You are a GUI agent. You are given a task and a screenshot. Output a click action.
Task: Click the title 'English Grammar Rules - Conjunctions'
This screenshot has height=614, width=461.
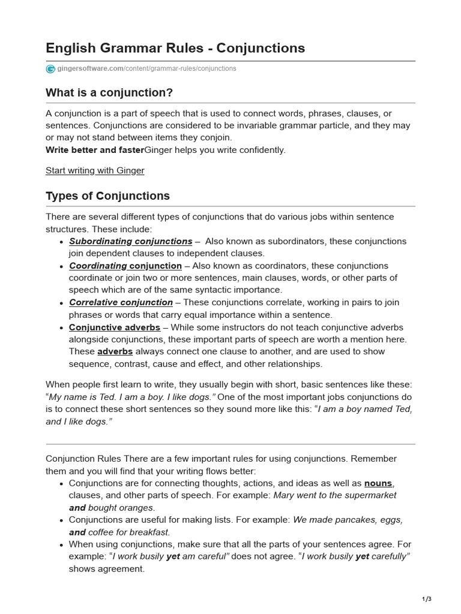click(x=175, y=48)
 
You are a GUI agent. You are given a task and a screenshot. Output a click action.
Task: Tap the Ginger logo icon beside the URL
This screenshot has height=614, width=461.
click(x=50, y=69)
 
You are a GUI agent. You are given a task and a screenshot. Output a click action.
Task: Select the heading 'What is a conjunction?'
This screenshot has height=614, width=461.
click(x=109, y=93)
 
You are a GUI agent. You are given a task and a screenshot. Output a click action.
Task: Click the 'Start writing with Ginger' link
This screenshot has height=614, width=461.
click(x=95, y=170)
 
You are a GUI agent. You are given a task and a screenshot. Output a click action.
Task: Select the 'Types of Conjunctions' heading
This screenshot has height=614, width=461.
click(x=107, y=196)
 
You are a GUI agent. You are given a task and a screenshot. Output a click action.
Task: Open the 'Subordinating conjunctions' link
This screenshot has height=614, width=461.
click(x=130, y=241)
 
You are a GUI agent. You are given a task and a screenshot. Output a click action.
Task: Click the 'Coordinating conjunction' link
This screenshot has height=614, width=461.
click(x=125, y=266)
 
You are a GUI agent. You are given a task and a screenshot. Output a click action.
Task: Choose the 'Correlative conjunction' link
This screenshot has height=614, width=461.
click(x=121, y=302)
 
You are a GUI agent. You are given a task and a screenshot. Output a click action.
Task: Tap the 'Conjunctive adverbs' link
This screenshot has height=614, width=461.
click(x=114, y=327)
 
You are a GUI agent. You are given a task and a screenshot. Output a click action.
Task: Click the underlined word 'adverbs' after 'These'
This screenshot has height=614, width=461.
click(x=115, y=351)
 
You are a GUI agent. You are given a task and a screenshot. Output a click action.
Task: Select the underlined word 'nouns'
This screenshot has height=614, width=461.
click(x=378, y=483)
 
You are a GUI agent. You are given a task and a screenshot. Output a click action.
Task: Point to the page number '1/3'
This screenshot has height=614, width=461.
click(x=427, y=599)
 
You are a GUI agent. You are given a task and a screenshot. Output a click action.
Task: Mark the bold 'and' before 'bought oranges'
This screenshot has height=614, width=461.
click(x=77, y=508)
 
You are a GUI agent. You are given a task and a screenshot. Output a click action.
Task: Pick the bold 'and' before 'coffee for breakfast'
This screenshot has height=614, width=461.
click(x=77, y=532)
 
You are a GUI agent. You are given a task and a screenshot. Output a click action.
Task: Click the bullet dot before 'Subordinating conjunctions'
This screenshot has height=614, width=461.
click(x=62, y=242)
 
